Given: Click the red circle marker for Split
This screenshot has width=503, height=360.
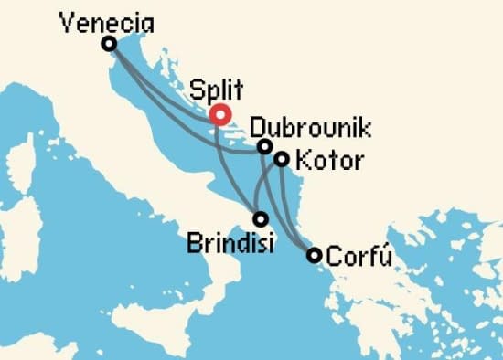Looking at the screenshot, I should tap(219, 115).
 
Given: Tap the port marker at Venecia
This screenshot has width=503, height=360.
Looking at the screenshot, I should tap(109, 43).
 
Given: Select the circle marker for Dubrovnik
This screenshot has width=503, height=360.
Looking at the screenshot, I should tap(264, 146).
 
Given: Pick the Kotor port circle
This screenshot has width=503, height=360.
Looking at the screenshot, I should tap(282, 159).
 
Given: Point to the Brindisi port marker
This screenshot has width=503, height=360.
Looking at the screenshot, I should tap(261, 219).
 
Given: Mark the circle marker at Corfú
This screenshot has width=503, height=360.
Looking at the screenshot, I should tap(314, 255).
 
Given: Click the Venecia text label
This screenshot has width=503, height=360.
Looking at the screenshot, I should tap(104, 21).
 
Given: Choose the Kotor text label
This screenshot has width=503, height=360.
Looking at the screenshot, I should tap(331, 163).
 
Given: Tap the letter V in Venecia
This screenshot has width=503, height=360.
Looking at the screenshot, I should tap(65, 21).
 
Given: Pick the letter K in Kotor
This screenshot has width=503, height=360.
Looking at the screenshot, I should tap(305, 163).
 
